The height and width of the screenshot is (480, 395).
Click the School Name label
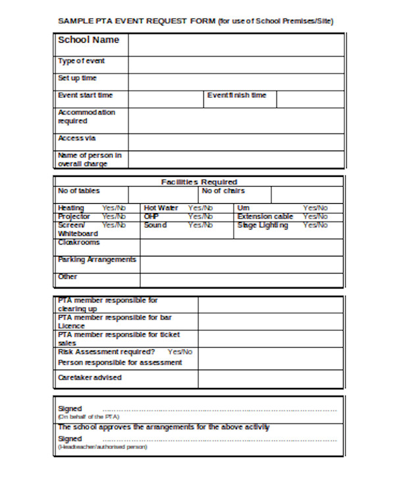(x=89, y=40)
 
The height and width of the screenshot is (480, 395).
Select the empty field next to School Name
(x=235, y=45)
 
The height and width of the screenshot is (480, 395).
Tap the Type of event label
(x=81, y=61)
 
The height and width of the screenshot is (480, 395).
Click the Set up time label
(x=77, y=78)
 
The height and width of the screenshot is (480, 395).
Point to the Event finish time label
(x=236, y=95)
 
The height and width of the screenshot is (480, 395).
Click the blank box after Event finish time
(x=309, y=99)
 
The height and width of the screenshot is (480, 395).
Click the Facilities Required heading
(x=199, y=182)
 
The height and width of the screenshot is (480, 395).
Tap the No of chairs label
(x=223, y=191)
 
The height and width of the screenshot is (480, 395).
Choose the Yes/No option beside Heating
(x=114, y=208)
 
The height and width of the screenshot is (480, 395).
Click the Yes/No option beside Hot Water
(x=200, y=208)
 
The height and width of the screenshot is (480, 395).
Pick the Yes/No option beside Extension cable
(x=315, y=216)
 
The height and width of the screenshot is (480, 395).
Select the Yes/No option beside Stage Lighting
(x=315, y=226)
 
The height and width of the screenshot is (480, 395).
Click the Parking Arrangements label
(x=97, y=260)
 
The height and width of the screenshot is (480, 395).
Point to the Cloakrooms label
(x=79, y=243)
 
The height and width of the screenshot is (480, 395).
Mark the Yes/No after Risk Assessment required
(x=180, y=352)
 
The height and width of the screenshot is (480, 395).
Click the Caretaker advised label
(x=90, y=377)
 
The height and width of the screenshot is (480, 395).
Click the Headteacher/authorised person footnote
(x=102, y=447)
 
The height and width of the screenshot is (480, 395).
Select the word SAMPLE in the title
(x=73, y=21)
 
